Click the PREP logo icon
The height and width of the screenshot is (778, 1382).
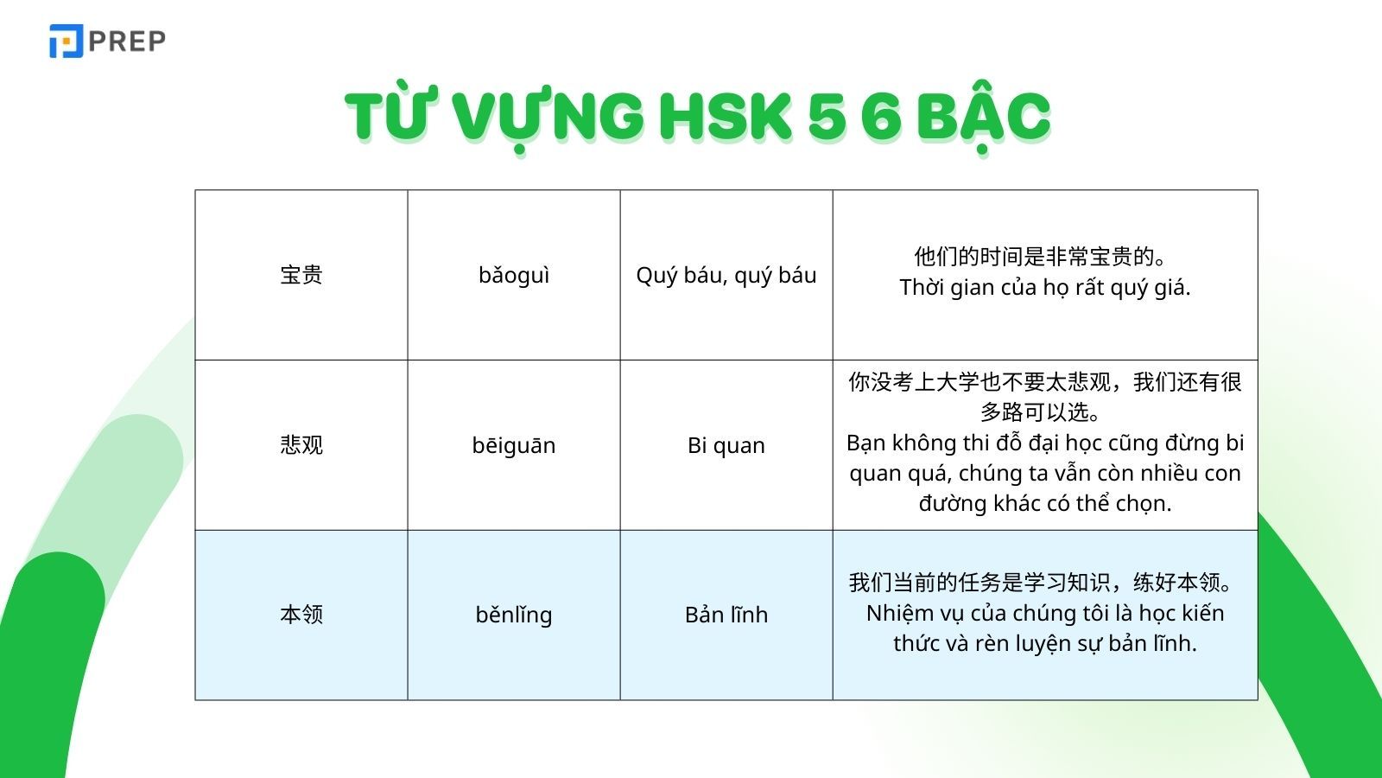click(x=66, y=41)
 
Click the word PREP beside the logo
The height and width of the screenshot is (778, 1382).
click(x=127, y=41)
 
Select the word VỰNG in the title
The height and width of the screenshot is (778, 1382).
click(x=548, y=117)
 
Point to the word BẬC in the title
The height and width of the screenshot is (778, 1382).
click(x=982, y=117)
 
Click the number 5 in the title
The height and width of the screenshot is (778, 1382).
click(x=827, y=117)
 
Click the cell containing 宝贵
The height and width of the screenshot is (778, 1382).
click(x=301, y=275)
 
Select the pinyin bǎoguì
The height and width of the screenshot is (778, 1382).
click(x=514, y=275)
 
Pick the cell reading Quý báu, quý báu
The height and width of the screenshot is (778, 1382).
click(x=726, y=275)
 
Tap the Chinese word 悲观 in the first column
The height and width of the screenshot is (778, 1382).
click(x=301, y=445)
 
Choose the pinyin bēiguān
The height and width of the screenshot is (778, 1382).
click(x=514, y=445)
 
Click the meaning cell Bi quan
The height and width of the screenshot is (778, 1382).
click(x=726, y=445)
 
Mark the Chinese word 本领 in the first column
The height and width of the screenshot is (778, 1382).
click(x=301, y=615)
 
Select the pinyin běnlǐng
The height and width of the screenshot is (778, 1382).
click(x=514, y=615)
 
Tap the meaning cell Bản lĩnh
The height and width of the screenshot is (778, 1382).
click(x=726, y=615)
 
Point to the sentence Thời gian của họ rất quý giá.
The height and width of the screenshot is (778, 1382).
click(x=1045, y=287)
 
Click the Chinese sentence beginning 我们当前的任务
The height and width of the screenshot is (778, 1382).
click(x=1042, y=583)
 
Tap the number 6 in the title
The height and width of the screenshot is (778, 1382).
click(x=880, y=117)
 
